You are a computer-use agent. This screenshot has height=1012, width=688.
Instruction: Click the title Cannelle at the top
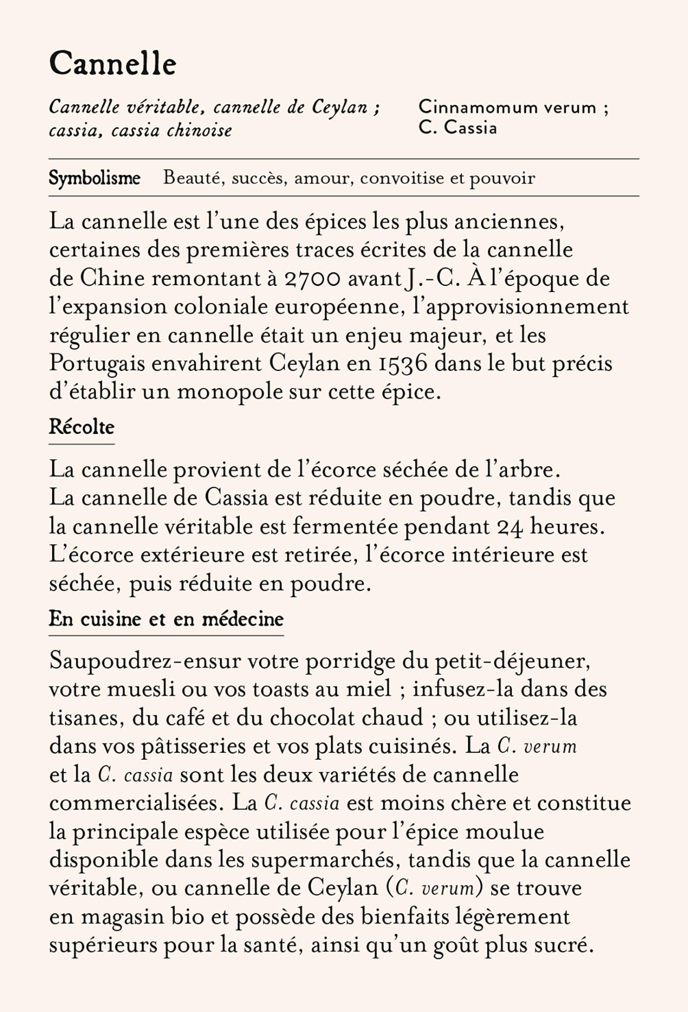113,64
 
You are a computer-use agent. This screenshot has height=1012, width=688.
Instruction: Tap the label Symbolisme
94,178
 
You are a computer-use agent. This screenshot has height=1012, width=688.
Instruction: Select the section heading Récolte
82,427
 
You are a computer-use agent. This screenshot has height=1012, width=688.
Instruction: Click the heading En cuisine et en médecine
166,619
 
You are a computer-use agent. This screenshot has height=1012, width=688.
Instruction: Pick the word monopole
234,392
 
